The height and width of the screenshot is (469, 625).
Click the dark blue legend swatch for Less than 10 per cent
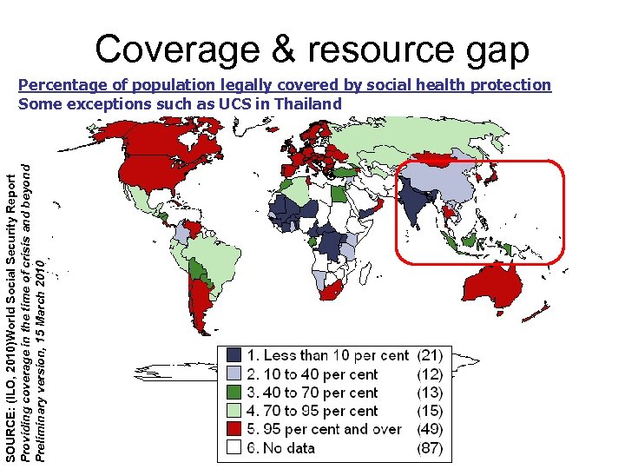pyautogui.click(x=234, y=355)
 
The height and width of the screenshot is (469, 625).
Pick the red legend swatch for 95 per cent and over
pyautogui.click(x=234, y=429)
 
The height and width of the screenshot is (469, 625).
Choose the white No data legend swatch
pyautogui.click(x=234, y=448)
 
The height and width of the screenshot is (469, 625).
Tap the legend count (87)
pyautogui.click(x=430, y=448)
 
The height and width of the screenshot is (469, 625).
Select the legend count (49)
pyautogui.click(x=430, y=429)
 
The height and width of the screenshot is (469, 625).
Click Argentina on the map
pyautogui.click(x=201, y=304)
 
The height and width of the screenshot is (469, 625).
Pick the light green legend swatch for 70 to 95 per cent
pyautogui.click(x=234, y=411)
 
